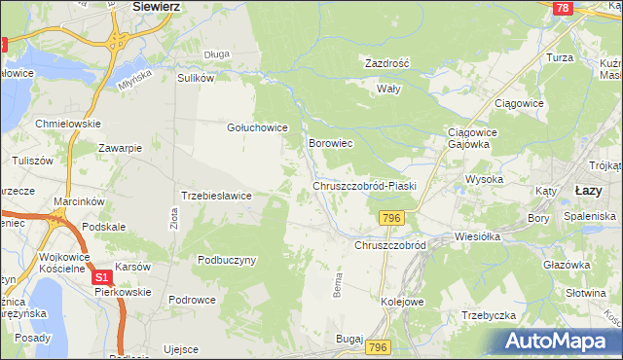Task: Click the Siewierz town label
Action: point(157,6)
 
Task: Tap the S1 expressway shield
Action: point(102,278)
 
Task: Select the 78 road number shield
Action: point(562,8)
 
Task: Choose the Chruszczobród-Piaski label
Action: point(364,186)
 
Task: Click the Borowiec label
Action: point(330,143)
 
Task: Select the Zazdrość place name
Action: point(386,62)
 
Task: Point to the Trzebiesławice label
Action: point(217,196)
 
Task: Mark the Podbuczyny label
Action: point(226,260)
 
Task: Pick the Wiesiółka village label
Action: point(477,235)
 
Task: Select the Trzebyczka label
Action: point(489,315)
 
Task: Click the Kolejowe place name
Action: point(403,302)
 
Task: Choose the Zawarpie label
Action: point(121,148)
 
